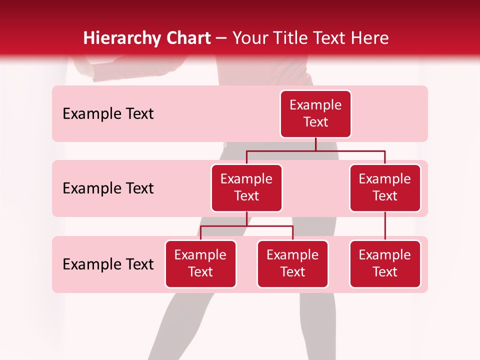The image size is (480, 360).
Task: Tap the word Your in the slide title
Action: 250,38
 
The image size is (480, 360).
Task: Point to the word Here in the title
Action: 368,38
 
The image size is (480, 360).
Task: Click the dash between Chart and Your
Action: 221,39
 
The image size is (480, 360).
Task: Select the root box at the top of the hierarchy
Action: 315,113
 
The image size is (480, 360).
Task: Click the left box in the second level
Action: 246,187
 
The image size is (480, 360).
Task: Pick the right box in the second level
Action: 385,187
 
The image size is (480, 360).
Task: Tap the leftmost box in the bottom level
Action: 200,263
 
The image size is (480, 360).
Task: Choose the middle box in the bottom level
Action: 292,263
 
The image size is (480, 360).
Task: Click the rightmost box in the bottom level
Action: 385,263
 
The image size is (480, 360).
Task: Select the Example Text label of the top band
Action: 108,114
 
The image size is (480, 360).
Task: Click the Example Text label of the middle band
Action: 108,188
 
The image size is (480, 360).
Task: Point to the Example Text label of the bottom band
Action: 108,264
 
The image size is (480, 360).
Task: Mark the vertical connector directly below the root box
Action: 315,144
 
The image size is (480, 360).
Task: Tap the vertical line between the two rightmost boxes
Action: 385,226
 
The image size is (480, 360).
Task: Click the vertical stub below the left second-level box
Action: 246,219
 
